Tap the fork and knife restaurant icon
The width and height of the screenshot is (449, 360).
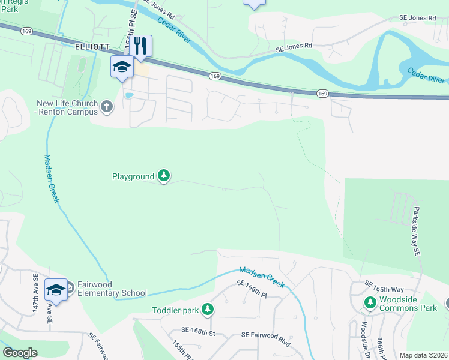140,46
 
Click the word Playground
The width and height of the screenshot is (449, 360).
133,176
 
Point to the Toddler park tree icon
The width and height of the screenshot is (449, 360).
207,309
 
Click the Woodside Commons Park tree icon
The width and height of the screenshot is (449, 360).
370,302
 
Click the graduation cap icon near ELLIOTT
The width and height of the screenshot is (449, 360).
121,66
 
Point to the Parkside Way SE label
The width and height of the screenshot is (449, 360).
415,233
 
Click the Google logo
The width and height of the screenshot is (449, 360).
20,353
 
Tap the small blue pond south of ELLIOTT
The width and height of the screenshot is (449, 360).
127,95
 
